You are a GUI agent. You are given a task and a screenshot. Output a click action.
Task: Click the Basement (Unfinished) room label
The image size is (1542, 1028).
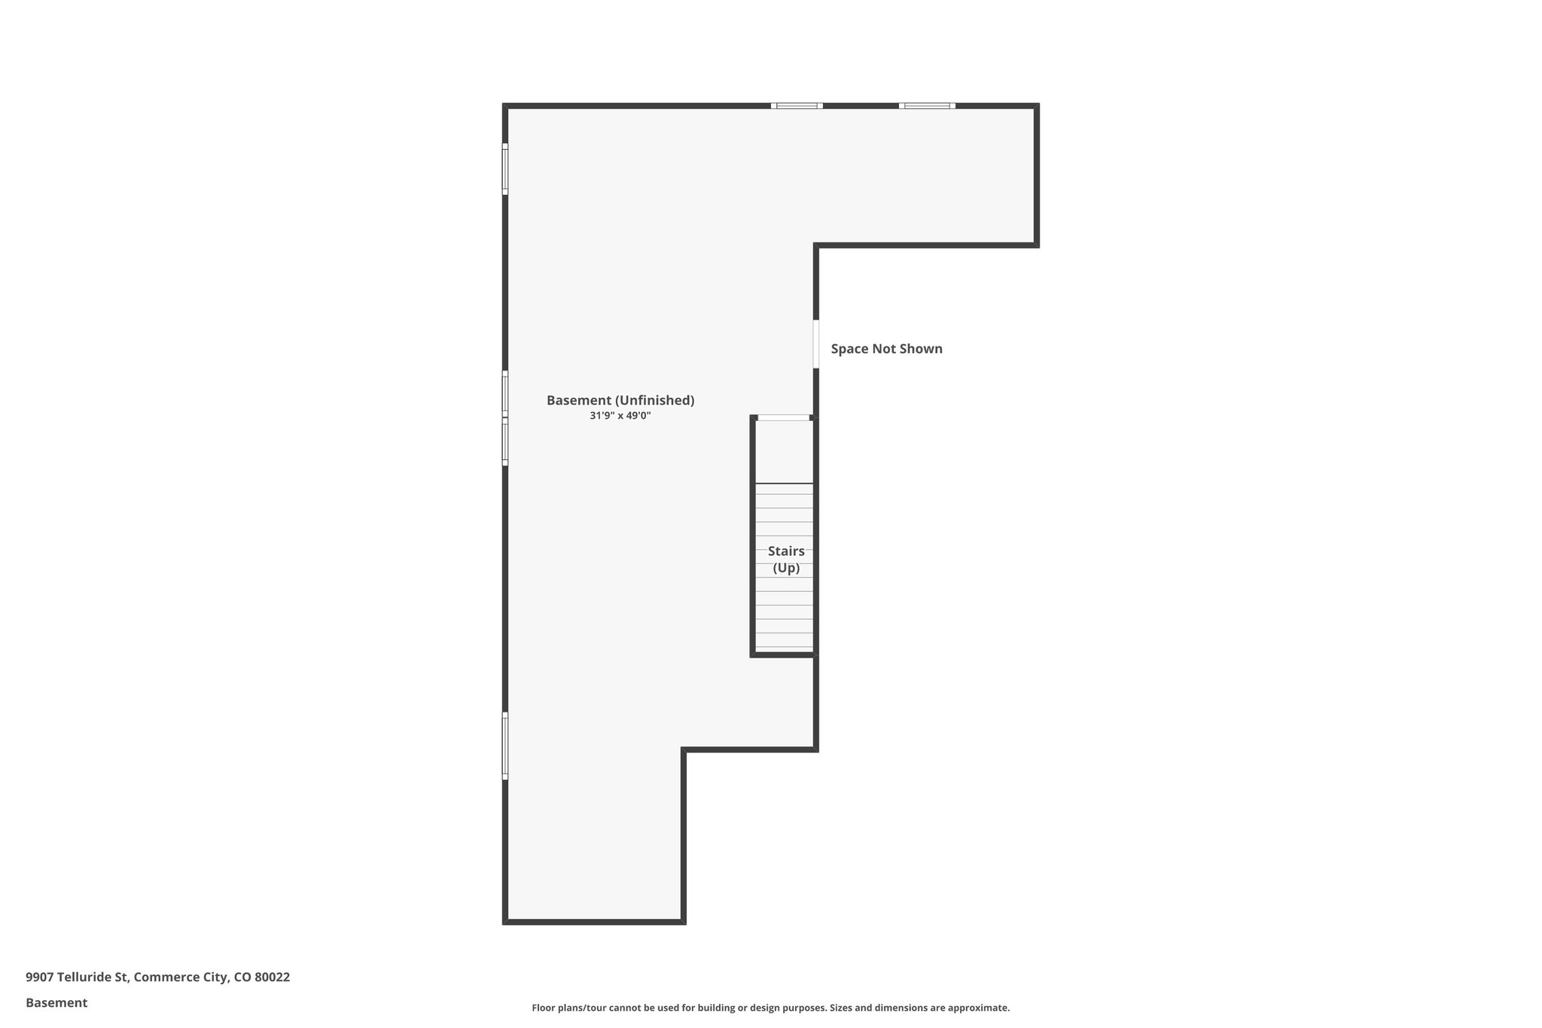coord(620,400)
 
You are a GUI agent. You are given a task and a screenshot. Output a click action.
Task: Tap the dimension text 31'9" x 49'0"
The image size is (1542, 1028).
coord(620,416)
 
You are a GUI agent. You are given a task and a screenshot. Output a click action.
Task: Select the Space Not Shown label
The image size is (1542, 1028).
coord(886,349)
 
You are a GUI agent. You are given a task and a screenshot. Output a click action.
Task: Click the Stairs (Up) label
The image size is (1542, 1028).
coord(786,560)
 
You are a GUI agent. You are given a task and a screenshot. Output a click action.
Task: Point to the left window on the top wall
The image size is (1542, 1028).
coord(797,106)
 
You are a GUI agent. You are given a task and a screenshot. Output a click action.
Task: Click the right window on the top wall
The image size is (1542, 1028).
coord(927,106)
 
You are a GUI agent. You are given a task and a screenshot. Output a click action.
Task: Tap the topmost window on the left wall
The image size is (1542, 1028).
coord(505,169)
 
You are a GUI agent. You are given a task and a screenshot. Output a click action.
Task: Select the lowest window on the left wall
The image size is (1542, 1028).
coord(505,746)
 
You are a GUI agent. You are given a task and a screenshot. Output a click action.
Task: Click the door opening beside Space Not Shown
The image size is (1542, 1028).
coord(816,344)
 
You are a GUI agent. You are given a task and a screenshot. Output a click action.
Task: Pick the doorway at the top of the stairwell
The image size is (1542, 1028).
coord(783,417)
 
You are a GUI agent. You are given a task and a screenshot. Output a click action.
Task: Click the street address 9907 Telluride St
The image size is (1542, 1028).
coord(76,977)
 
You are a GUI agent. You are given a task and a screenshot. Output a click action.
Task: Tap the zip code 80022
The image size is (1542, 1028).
coord(272,977)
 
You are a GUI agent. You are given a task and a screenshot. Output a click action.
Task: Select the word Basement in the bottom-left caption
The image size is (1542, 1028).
coord(56,1002)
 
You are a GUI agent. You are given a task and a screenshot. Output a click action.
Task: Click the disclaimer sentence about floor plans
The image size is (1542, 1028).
coord(770,1008)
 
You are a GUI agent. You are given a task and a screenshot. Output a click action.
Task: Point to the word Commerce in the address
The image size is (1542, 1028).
coord(166,977)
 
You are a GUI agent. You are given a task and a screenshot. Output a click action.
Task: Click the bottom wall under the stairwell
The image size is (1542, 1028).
coord(783,655)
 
